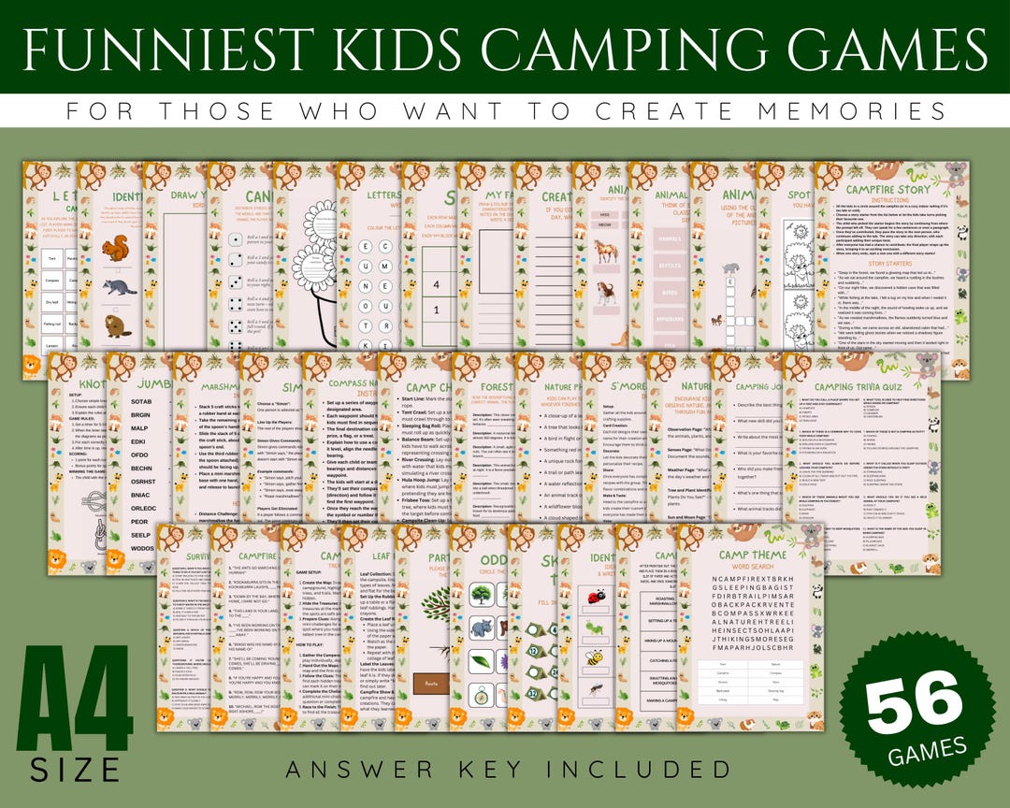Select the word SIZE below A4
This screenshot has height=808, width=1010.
coord(75,770)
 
